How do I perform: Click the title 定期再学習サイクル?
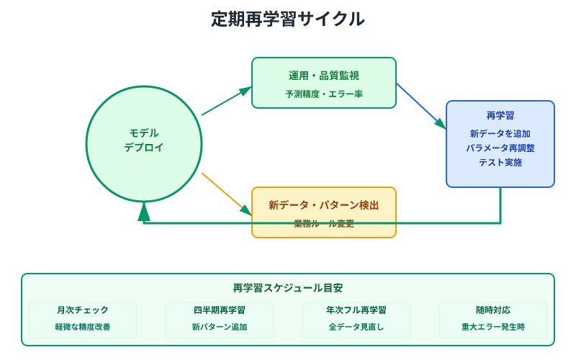tap(288, 19)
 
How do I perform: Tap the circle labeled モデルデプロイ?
tap(144, 144)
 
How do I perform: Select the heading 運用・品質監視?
tap(324, 76)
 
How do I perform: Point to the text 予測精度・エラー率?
tap(324, 94)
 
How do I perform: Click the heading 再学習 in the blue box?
tap(500, 115)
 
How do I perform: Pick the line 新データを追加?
tap(500, 133)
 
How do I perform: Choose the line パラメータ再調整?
tap(500, 148)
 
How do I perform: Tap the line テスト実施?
tap(500, 163)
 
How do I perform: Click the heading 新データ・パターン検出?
tap(324, 205)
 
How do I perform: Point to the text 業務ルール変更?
tap(324, 224)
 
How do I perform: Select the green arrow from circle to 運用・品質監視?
tap(226, 101)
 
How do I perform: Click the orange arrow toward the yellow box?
tap(226, 194)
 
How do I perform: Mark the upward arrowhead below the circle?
tap(144, 211)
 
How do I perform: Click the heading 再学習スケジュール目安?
tap(288, 288)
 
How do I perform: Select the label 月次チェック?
tap(83, 310)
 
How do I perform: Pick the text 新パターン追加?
tap(220, 327)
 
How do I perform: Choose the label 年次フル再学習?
tap(356, 310)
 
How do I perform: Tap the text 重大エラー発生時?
tap(493, 327)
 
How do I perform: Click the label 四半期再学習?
tap(220, 310)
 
